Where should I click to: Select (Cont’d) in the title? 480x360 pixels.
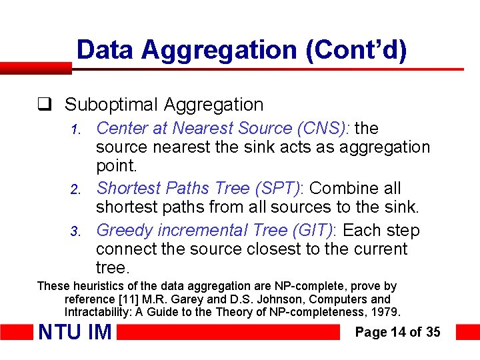(x=357, y=51)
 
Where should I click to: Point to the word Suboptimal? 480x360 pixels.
(x=111, y=105)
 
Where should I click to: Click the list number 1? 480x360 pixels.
(x=76, y=129)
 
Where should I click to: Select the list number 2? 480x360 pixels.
(x=76, y=189)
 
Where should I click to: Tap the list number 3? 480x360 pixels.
(x=76, y=231)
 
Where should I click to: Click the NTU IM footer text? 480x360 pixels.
(x=75, y=332)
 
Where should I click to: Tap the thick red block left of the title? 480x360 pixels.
(x=36, y=68)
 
